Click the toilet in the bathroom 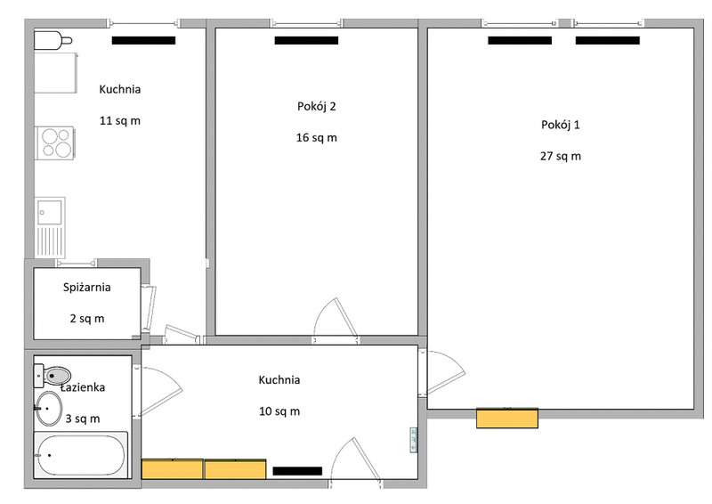click(x=53, y=376)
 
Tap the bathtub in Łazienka click(x=81, y=455)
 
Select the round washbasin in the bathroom click(x=49, y=409)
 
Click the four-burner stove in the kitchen click(x=55, y=142)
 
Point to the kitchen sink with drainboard click(x=50, y=226)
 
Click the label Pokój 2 click(x=317, y=107)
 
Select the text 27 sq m click(x=561, y=157)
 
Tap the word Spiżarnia click(x=86, y=288)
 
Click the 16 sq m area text click(x=317, y=138)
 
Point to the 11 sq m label click(x=120, y=121)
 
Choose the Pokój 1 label click(x=561, y=125)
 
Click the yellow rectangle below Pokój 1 click(x=507, y=419)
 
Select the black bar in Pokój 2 click(x=306, y=40)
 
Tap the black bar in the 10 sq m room click(x=297, y=471)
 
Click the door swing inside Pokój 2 click(x=336, y=318)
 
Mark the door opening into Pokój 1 click(x=446, y=371)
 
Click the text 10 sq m click(x=279, y=411)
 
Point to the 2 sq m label click(x=87, y=319)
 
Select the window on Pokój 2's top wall click(x=306, y=23)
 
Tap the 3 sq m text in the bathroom click(x=83, y=419)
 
